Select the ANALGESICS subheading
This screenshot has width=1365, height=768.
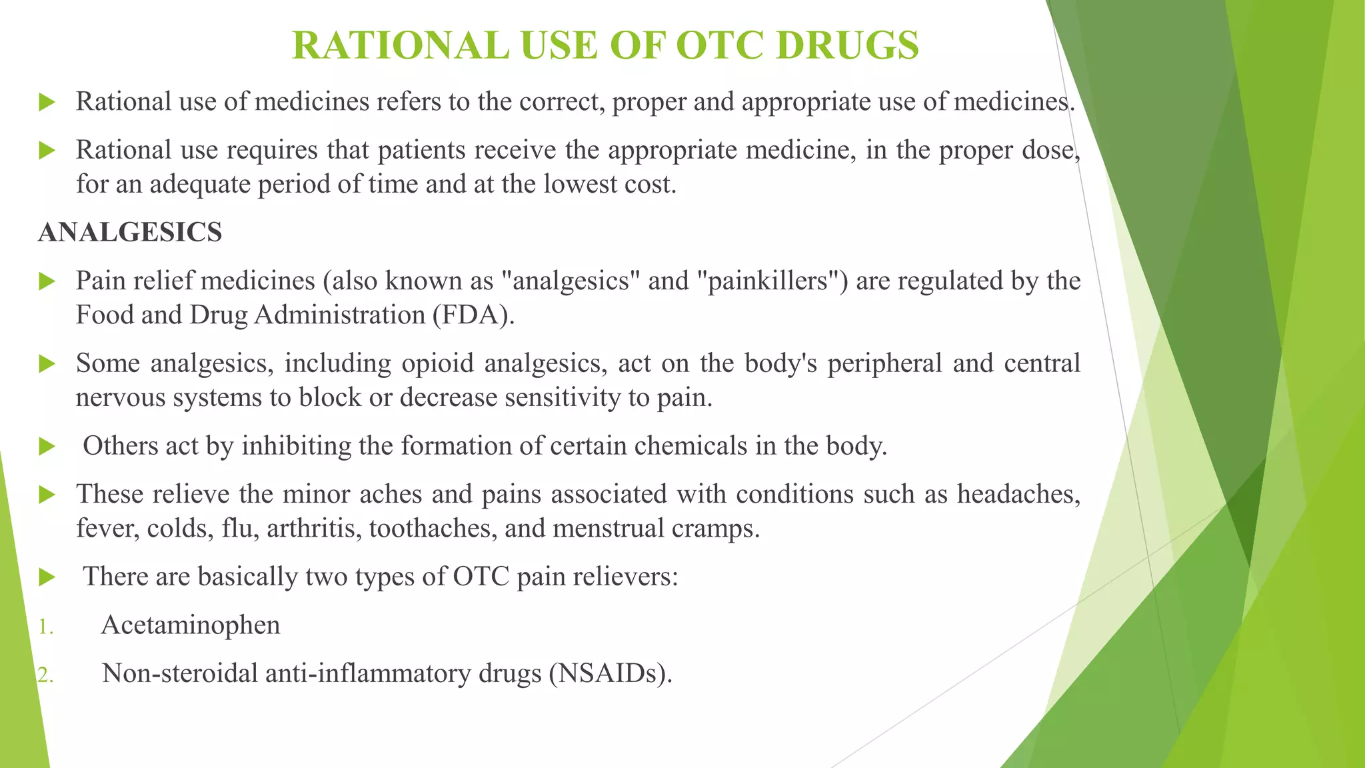tap(130, 233)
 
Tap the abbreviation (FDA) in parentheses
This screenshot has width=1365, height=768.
tap(473, 315)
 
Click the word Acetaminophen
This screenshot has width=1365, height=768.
tap(191, 625)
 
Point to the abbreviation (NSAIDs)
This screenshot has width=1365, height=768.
tap(611, 673)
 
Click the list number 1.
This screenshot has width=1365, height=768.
tap(45, 627)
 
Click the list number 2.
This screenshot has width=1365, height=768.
tap(45, 675)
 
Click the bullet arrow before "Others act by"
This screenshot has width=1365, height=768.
tap(47, 446)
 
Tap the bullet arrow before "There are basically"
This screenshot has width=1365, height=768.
tap(47, 577)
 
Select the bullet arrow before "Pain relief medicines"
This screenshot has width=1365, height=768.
tap(47, 281)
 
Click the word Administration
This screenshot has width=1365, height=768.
tap(339, 315)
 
